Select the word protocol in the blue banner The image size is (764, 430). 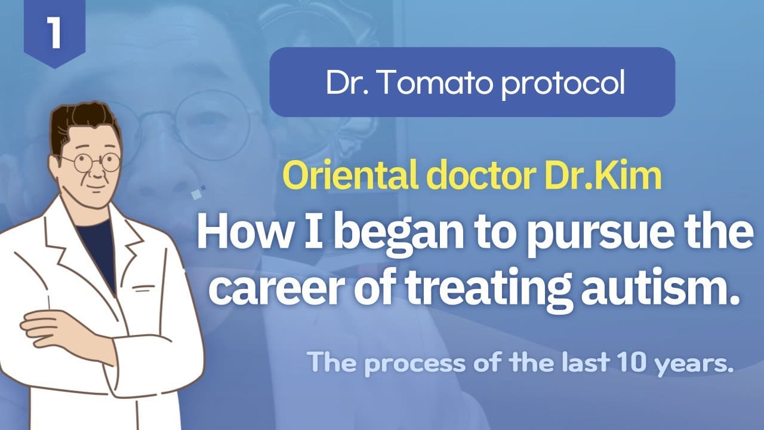point(563,84)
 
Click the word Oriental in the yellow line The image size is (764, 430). point(350,176)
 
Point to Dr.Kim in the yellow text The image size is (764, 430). point(603,176)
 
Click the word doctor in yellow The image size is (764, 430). point(480,176)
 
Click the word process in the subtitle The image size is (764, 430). point(415,364)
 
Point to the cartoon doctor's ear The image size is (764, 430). point(54,167)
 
